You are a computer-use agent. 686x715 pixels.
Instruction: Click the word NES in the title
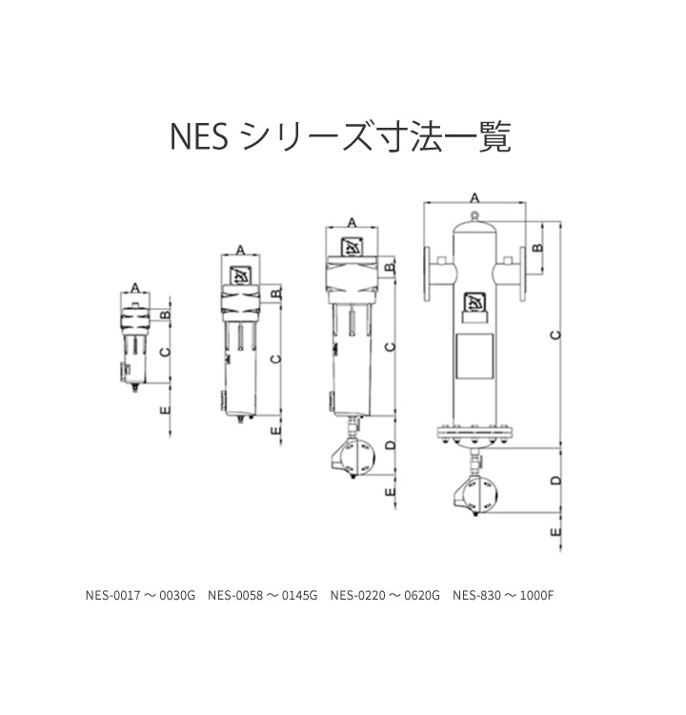tap(199, 136)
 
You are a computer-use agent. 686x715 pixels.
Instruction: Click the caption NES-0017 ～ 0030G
tap(140, 595)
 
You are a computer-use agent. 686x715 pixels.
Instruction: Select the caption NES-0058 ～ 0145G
tap(263, 595)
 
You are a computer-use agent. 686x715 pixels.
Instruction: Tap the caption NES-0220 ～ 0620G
tap(385, 595)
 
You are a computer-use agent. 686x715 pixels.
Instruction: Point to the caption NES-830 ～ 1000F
tap(503, 595)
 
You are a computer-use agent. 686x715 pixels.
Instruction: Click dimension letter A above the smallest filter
tap(135, 288)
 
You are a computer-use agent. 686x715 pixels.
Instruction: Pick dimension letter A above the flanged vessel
tap(474, 198)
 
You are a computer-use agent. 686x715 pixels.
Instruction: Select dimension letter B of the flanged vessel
tap(538, 248)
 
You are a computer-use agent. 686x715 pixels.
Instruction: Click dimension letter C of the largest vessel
tap(555, 336)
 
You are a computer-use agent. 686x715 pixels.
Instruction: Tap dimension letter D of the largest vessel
tap(555, 480)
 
